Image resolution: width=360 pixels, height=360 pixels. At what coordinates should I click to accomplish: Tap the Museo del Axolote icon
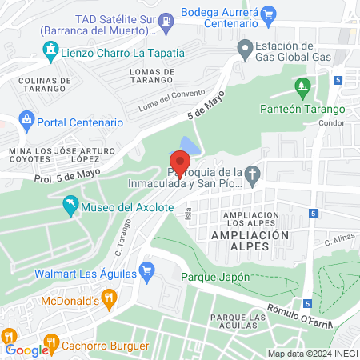70,207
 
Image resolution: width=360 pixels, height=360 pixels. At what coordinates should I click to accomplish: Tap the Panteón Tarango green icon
302,86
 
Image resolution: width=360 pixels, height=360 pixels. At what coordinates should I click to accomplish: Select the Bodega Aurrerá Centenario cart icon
268,13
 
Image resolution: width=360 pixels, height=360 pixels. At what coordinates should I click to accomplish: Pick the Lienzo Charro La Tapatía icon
51,53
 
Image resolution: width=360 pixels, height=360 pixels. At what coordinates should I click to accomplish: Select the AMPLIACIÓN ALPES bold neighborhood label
249,235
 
